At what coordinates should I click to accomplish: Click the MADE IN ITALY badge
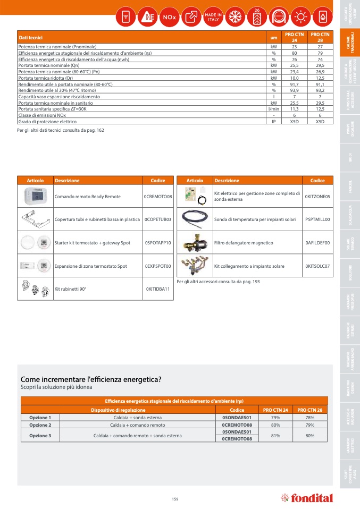tap(213, 17)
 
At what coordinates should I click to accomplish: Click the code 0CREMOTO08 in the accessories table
tap(158, 197)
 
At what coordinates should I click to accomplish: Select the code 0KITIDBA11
tap(158, 289)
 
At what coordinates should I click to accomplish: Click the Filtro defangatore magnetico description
tap(244, 243)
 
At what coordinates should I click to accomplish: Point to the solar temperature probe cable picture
tap(194, 219)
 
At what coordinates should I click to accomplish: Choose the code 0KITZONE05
tap(317, 197)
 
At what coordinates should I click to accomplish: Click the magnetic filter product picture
tap(194, 243)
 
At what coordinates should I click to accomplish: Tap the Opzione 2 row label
tap(40, 425)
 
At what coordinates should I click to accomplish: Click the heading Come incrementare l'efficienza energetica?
tap(91, 379)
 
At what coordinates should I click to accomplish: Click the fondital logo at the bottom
tap(307, 498)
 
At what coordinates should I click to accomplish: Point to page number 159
tap(175, 498)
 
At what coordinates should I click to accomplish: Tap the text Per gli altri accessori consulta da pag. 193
tap(218, 281)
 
